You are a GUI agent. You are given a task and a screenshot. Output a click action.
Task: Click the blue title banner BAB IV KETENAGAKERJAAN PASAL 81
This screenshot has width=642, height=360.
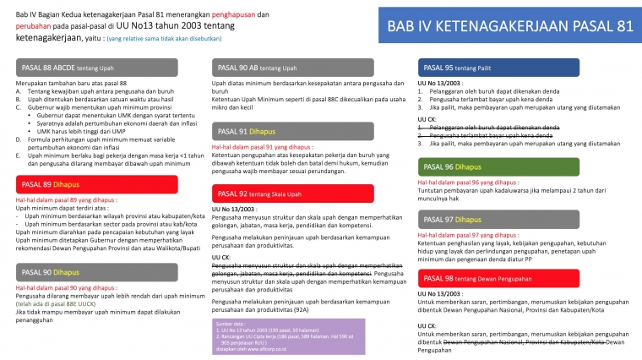click(x=510, y=27)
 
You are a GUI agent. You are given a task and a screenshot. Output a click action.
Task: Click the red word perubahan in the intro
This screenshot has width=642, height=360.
click(x=35, y=26)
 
